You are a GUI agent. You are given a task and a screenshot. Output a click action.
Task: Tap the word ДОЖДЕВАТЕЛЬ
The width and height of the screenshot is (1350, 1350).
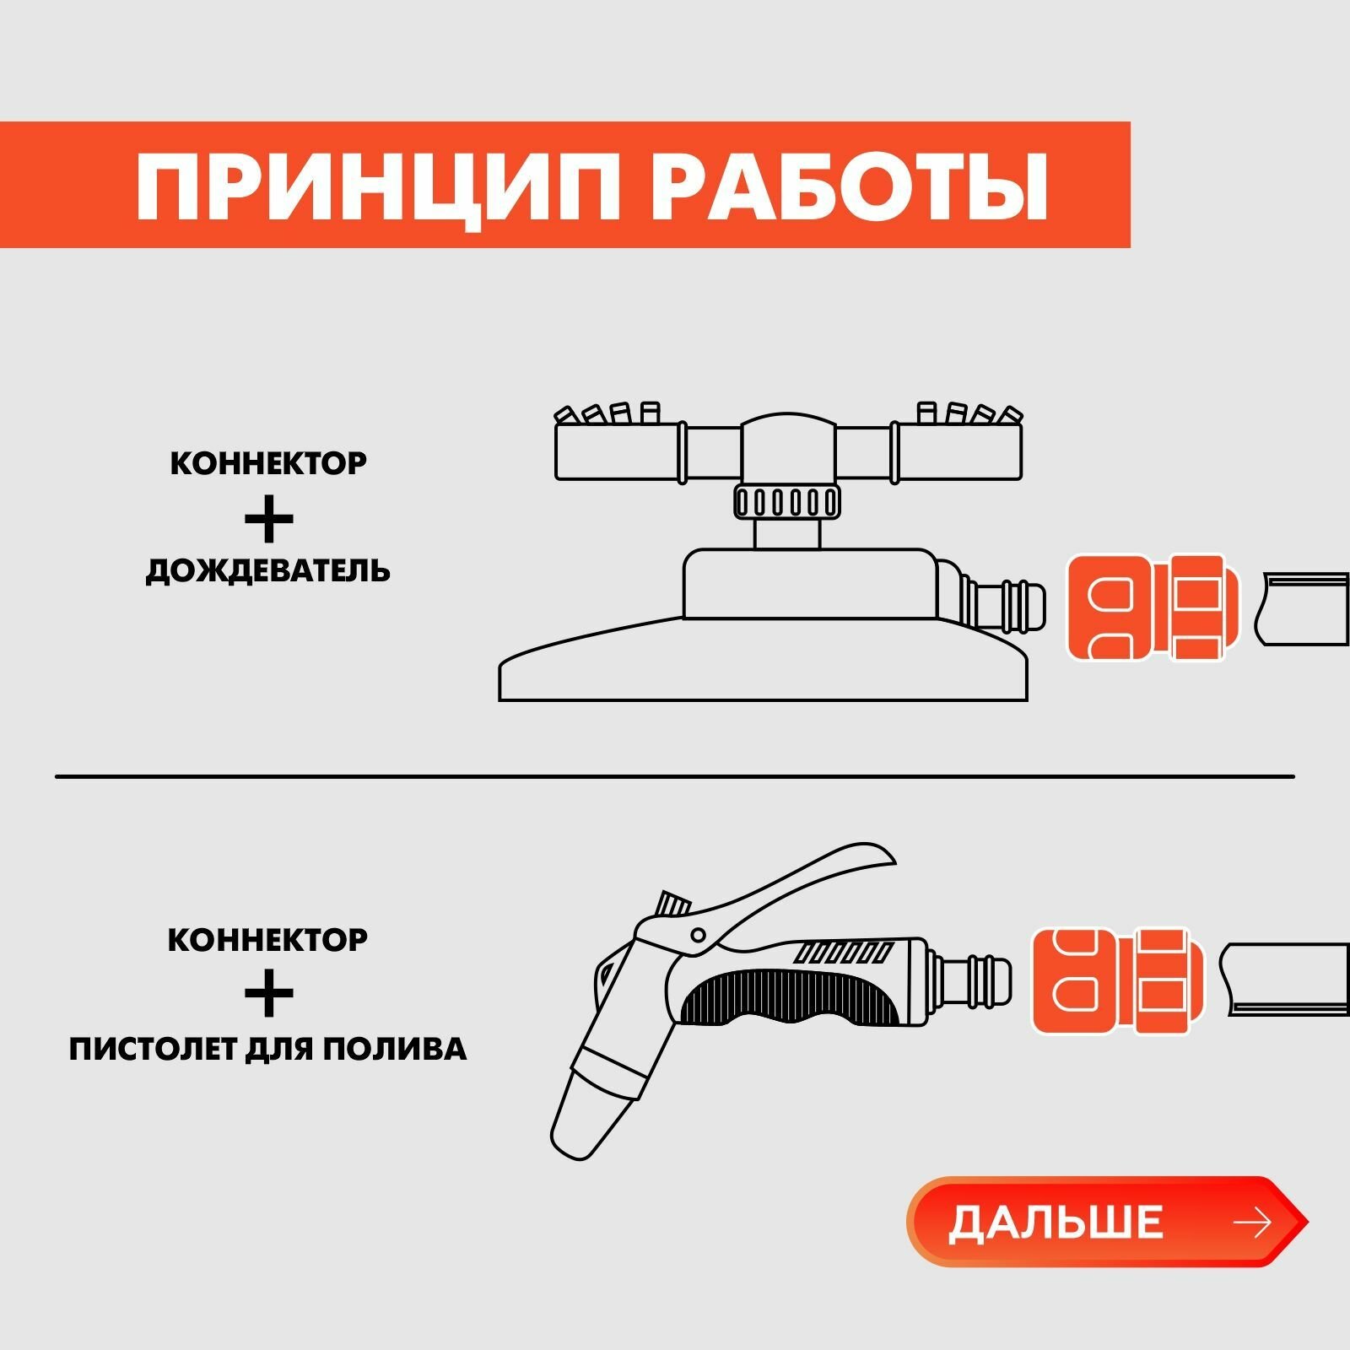coord(268,571)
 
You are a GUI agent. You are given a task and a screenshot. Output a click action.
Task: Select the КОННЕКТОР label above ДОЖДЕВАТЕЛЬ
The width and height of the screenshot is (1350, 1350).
coord(268,463)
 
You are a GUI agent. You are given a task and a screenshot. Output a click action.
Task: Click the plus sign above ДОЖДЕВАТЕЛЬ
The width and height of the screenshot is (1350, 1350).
coord(268,517)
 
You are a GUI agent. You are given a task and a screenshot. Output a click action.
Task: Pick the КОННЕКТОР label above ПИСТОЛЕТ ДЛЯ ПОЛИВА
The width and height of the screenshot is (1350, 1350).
coord(268,939)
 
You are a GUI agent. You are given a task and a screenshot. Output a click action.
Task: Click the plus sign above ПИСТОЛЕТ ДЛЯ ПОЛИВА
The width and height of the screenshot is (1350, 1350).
coord(268,993)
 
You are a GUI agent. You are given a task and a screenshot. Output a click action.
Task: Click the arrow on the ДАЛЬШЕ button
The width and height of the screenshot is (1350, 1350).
coord(1251,1223)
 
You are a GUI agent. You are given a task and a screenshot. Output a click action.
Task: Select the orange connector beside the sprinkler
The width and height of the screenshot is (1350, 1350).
coord(1153,607)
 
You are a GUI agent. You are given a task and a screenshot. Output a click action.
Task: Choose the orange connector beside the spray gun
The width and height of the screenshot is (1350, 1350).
coord(1119,981)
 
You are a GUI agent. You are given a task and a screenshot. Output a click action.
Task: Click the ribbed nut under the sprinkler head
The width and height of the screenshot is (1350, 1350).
coord(786,502)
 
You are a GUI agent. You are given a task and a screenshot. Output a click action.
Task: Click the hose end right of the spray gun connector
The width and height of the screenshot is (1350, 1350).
coord(1287,980)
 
